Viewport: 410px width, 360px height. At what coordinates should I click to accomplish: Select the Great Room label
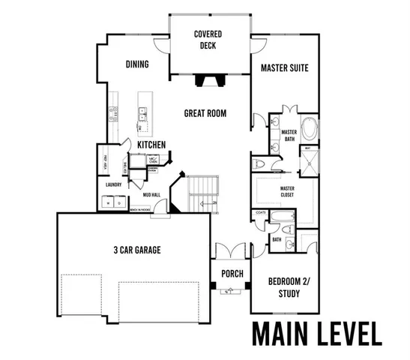pos(205,114)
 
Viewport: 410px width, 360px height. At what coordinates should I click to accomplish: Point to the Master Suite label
pos(285,68)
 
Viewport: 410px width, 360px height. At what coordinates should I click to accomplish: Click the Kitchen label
pos(151,145)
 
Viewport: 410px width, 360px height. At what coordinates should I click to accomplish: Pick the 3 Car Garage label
pos(137,250)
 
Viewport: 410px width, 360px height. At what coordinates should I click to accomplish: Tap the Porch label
pos(232,274)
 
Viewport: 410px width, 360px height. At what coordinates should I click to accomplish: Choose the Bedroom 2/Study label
pos(284,287)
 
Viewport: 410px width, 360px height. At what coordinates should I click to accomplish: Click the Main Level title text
pos(316,332)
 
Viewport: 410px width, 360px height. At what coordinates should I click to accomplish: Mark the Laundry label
pos(114,184)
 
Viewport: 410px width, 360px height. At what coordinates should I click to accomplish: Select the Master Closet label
pos(287,191)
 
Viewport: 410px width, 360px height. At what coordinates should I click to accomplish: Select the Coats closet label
pos(261,213)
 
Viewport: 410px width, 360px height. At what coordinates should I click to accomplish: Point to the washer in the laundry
pos(109,202)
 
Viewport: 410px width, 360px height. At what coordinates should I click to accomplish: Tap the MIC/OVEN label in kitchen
pos(152,160)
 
